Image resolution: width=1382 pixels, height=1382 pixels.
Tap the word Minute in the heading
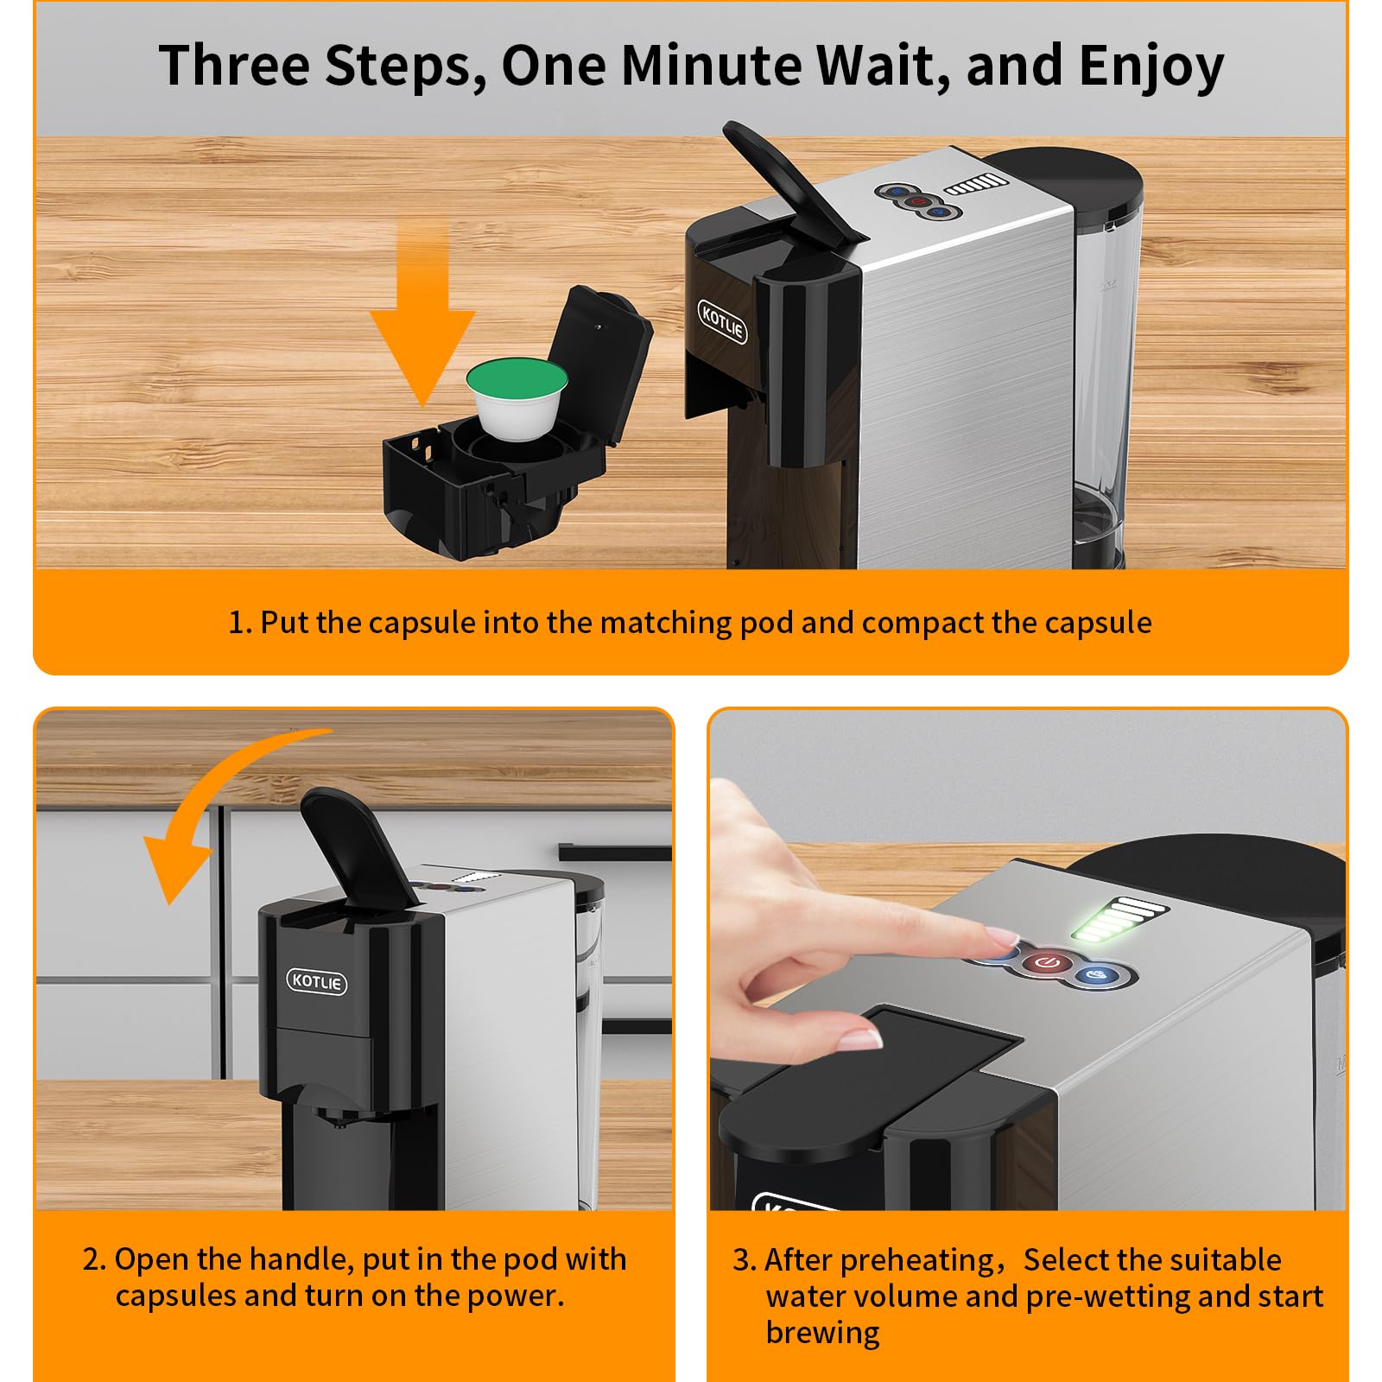coord(712,65)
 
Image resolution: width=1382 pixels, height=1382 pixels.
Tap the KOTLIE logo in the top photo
coord(722,322)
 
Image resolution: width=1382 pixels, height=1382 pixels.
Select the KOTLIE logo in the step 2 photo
coord(317,981)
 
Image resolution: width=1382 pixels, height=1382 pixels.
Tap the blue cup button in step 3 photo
coord(1098,976)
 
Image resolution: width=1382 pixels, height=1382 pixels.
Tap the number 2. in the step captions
coord(94,1259)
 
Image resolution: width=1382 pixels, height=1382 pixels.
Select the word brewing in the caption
coord(822,1333)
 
